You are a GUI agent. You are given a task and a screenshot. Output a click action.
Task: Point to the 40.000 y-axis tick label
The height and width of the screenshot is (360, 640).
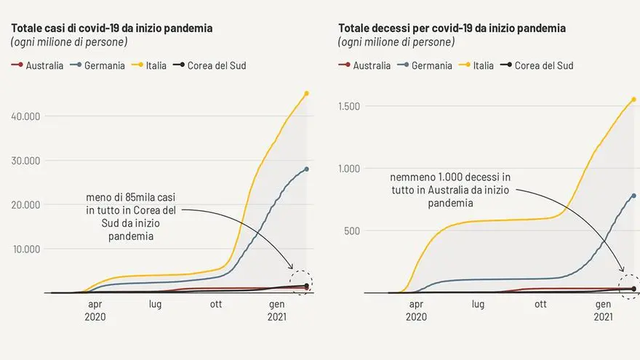26,116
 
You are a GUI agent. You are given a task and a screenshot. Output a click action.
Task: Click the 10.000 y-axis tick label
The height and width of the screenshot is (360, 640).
26,249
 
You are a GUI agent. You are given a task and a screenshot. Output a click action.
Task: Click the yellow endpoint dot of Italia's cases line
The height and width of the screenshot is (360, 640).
307,93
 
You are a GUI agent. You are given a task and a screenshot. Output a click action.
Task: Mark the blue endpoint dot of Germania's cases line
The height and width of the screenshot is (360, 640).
307,169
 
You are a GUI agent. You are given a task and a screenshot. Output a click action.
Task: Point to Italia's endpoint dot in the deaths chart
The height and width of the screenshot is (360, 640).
633,99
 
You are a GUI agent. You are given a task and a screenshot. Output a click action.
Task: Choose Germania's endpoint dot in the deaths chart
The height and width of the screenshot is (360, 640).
633,196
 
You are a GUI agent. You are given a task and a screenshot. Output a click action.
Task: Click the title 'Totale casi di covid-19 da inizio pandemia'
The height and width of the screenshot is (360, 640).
112,28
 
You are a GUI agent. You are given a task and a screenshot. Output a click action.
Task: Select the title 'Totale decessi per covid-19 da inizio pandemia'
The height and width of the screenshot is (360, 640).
452,28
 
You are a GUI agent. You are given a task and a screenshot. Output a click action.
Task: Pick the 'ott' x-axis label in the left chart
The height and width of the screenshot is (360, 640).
216,305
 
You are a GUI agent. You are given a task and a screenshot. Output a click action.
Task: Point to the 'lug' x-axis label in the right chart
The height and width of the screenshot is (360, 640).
477,305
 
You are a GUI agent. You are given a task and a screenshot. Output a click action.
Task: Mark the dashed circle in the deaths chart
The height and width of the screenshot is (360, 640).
629,286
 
